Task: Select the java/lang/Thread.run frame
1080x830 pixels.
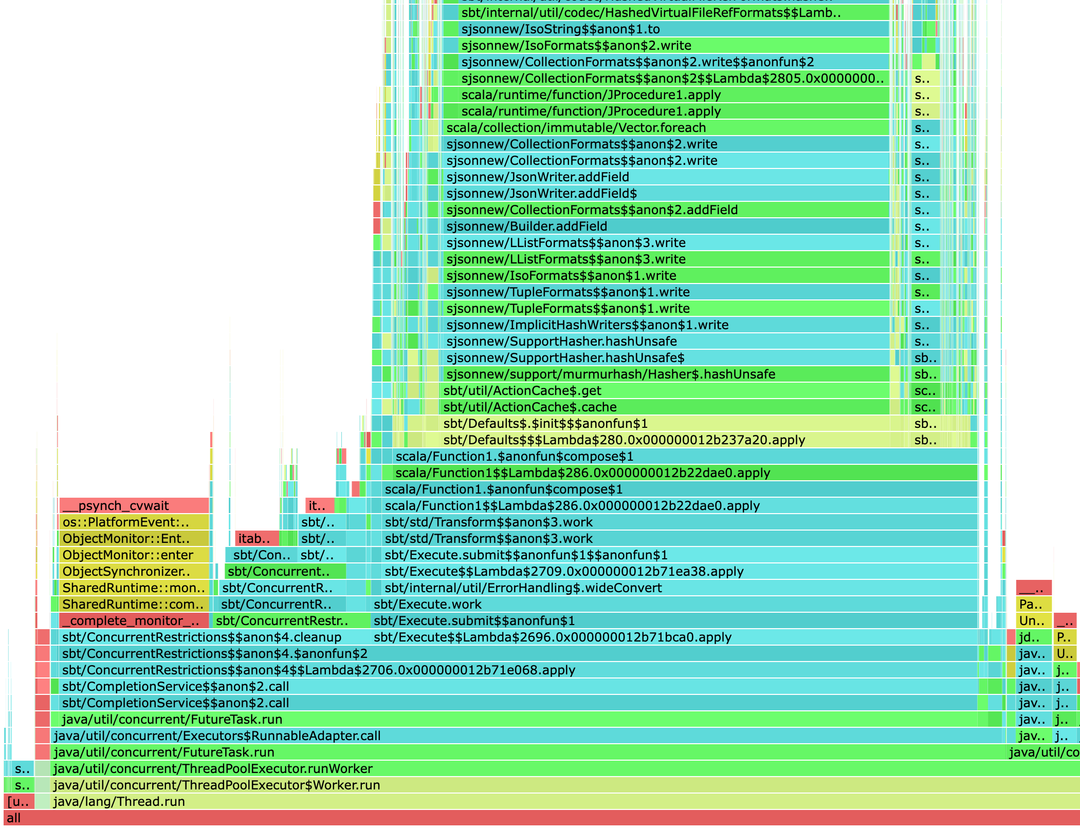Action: [x=514, y=801]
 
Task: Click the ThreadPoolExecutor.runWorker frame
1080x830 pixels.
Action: [x=514, y=768]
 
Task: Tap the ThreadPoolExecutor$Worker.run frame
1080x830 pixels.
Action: [x=514, y=785]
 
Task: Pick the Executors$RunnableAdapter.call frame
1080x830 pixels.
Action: [x=514, y=735]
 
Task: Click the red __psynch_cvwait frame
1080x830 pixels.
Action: [x=134, y=505]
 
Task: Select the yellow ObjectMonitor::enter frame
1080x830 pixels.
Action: [x=134, y=555]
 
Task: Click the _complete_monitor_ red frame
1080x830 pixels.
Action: [x=134, y=620]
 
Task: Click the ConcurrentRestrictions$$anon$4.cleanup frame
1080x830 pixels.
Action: [x=206, y=637]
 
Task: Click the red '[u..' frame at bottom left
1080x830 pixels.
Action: [x=19, y=801]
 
